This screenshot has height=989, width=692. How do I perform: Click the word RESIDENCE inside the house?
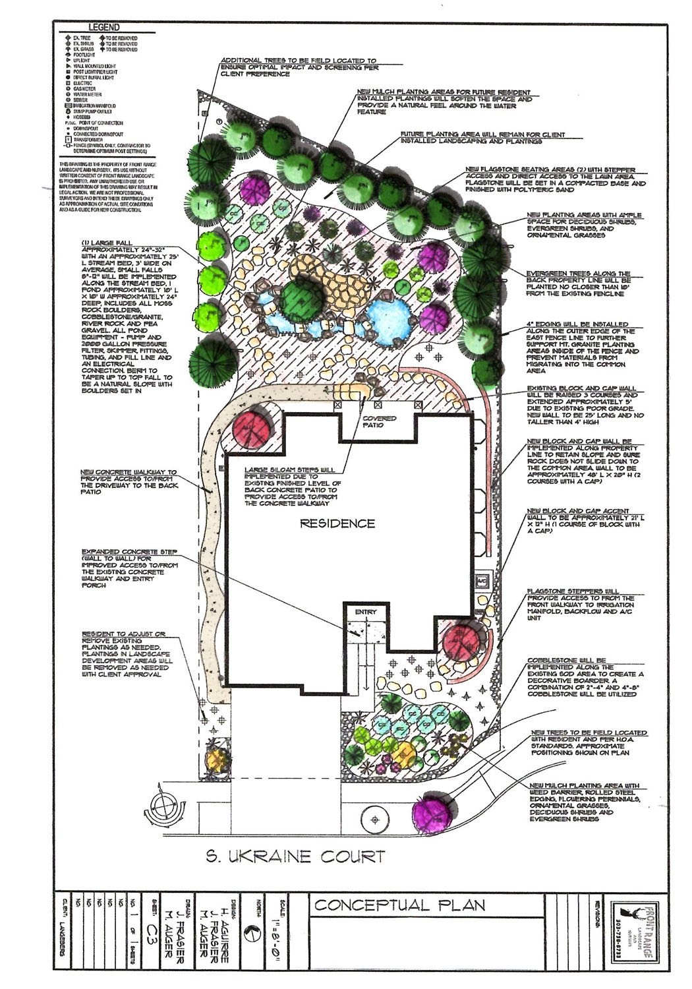click(x=337, y=524)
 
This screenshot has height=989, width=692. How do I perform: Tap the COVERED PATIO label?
click(x=380, y=422)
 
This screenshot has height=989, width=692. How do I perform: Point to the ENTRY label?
click(x=366, y=612)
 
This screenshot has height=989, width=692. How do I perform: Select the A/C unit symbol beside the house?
click(x=482, y=582)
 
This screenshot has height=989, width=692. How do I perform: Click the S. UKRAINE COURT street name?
click(x=295, y=856)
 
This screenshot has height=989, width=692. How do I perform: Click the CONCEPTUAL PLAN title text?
click(x=399, y=905)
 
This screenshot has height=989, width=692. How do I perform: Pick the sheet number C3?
click(x=152, y=930)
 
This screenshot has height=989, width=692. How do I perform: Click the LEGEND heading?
click(x=104, y=27)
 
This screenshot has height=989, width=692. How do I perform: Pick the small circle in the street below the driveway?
click(x=375, y=820)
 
